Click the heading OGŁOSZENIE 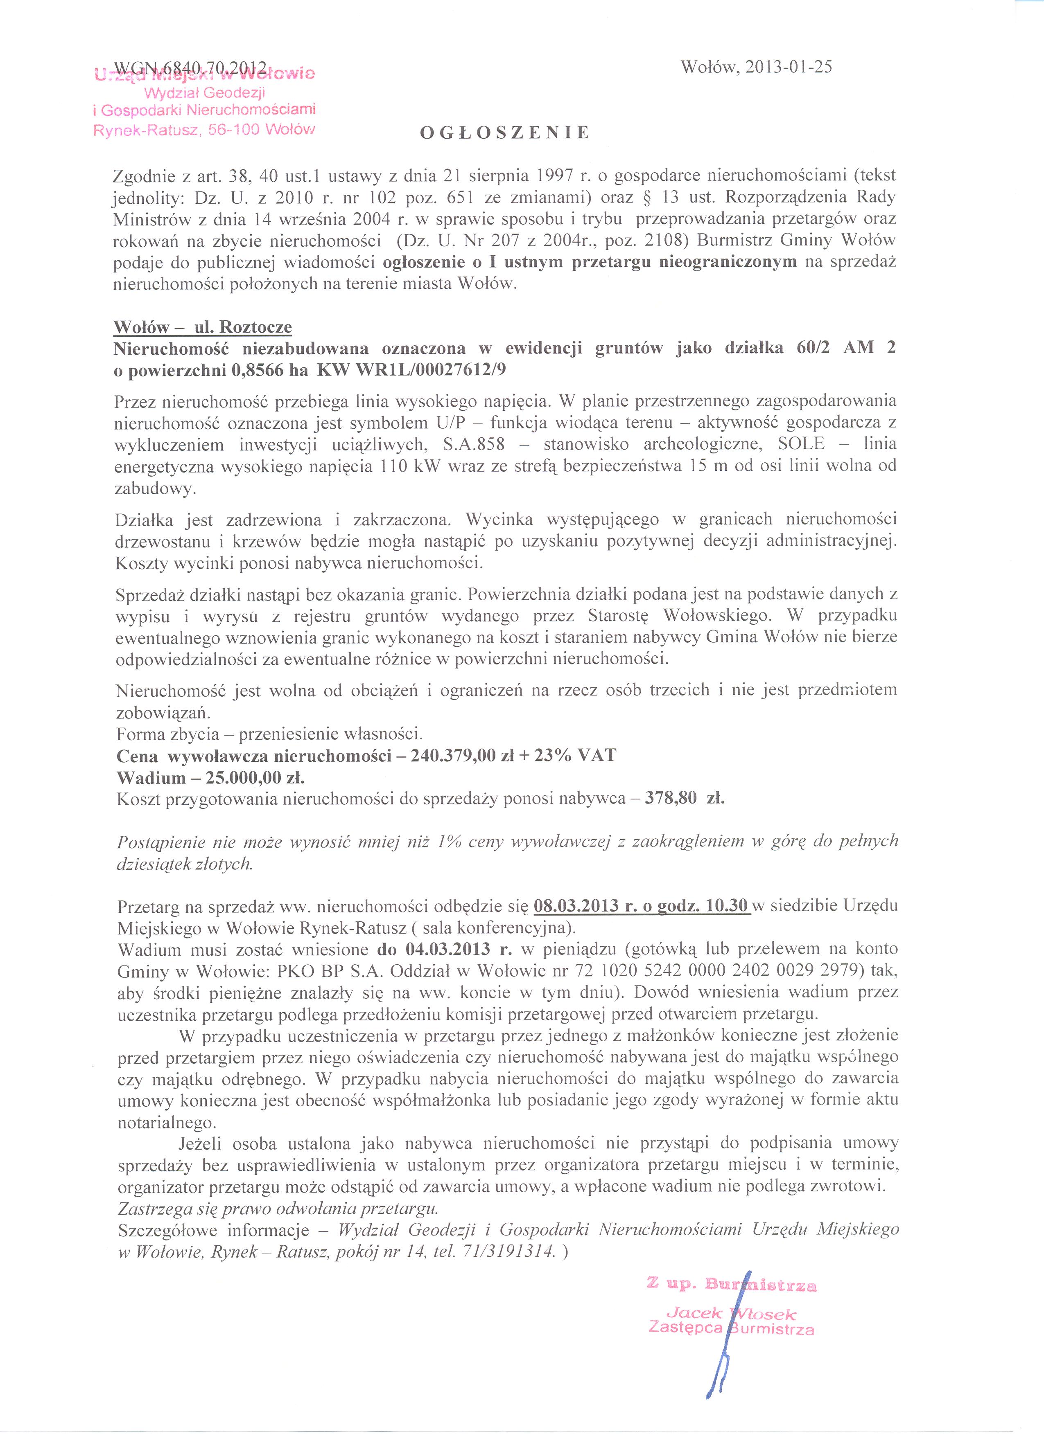point(505,132)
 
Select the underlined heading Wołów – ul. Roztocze point(203,327)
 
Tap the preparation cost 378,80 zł point(684,799)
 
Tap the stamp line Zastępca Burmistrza point(731,1328)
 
